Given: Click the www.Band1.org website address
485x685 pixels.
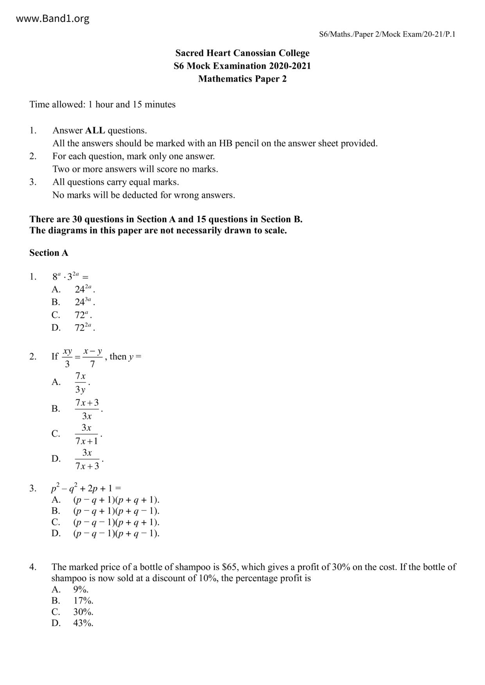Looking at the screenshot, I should pyautogui.click(x=53, y=18).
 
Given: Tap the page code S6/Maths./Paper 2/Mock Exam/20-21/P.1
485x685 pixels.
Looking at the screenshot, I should pyautogui.click(x=387, y=34).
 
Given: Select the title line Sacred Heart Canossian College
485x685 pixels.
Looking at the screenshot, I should pyautogui.click(x=242, y=53).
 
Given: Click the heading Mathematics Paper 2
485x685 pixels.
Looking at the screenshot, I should pyautogui.click(x=242, y=79).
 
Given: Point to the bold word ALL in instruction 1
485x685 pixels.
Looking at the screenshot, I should pyautogui.click(x=95, y=130).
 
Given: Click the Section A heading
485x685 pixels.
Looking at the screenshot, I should pyautogui.click(x=49, y=253).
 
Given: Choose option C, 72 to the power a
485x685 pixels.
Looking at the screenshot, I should pyautogui.click(x=83, y=315).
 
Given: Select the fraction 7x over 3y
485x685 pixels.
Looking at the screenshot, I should pyautogui.click(x=81, y=383).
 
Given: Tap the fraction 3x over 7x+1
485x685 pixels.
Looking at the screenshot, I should pyautogui.click(x=86, y=434).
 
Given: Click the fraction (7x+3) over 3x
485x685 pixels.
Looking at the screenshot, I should pyautogui.click(x=87, y=409).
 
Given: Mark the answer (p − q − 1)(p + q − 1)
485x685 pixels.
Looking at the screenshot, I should pyautogui.click(x=116, y=533).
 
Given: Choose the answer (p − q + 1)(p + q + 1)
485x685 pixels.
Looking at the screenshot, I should pyautogui.click(x=116, y=500).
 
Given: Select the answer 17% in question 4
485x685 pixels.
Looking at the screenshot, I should pyautogui.click(x=83, y=601).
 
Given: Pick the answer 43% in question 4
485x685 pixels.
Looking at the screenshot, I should pyautogui.click(x=83, y=623).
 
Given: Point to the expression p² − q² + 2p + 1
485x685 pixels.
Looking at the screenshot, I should pyautogui.click(x=86, y=488).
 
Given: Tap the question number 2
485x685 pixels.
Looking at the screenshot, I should pyautogui.click(x=33, y=357).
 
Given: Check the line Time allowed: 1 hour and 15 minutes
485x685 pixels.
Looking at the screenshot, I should pyautogui.click(x=102, y=105).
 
